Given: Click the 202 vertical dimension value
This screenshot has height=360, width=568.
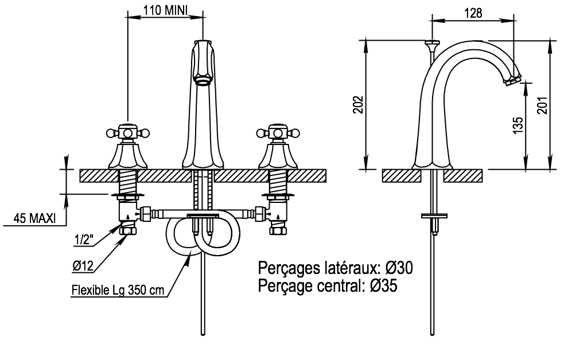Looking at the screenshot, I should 358,104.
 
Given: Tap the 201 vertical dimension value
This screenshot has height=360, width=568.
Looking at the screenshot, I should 542,104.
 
